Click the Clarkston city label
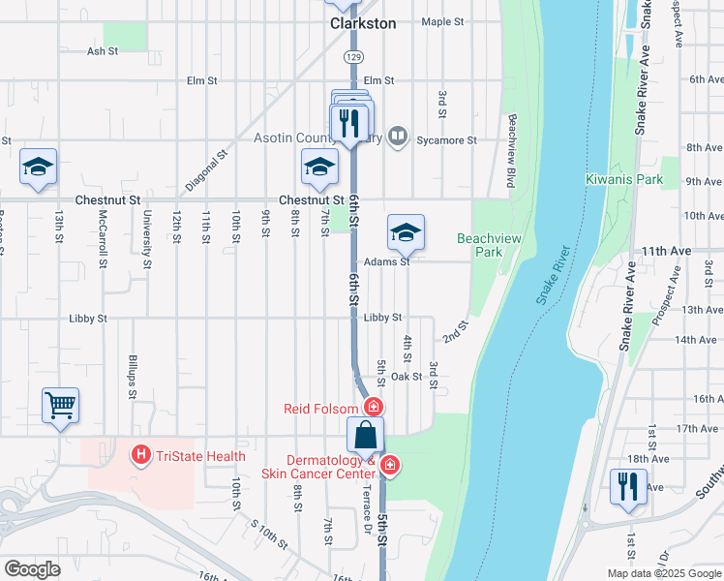(363, 23)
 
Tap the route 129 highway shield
(357, 58)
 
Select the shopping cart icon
(60, 406)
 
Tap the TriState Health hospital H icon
(141, 453)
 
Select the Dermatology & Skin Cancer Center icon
(389, 467)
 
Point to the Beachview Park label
(480, 244)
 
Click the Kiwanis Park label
(624, 179)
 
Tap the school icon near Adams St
(406, 232)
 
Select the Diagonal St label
(206, 168)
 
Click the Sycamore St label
(447, 140)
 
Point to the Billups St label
(132, 377)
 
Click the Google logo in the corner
(32, 569)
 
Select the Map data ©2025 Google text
(663, 573)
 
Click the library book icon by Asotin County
(395, 136)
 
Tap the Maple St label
(442, 20)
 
